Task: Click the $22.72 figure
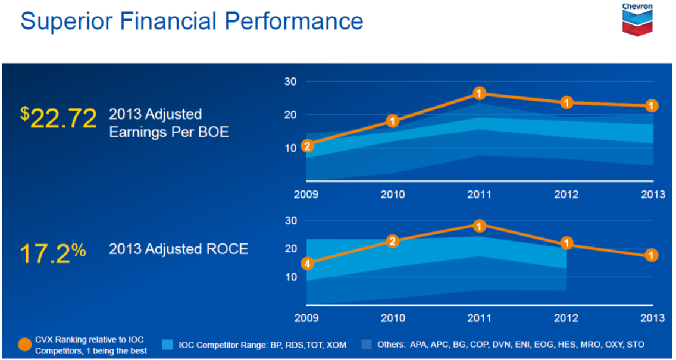pos(58,119)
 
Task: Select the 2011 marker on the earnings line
pos(480,93)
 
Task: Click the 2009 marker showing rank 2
pos(307,146)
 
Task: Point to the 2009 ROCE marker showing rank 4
pos(307,263)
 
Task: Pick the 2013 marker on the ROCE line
pos(652,255)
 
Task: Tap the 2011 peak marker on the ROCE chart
pos(480,226)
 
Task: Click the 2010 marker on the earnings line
pos(393,121)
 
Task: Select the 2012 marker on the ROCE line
pos(567,243)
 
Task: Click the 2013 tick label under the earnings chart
pos(652,195)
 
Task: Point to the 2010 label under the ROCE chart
pos(393,318)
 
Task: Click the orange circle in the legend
pos(24,345)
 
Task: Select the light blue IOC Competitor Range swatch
pos(167,344)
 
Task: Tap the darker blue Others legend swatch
pos(367,344)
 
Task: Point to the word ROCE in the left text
pos(229,249)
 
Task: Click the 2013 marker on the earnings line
pos(652,106)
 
